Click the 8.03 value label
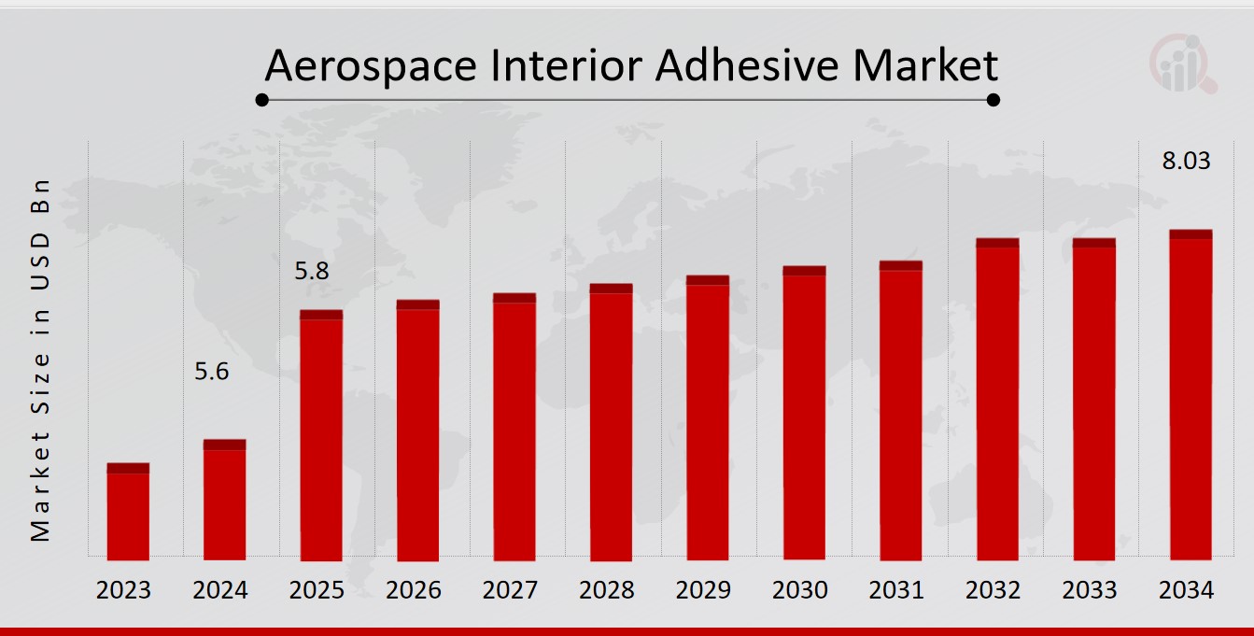(1186, 161)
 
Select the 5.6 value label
(211, 372)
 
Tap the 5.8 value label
(312, 272)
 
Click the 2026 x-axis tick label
(414, 590)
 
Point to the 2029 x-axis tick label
(703, 590)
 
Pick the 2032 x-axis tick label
(993, 590)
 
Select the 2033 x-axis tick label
(1090, 590)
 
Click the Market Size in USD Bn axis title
(39, 360)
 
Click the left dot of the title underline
(262, 99)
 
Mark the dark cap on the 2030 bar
(804, 271)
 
